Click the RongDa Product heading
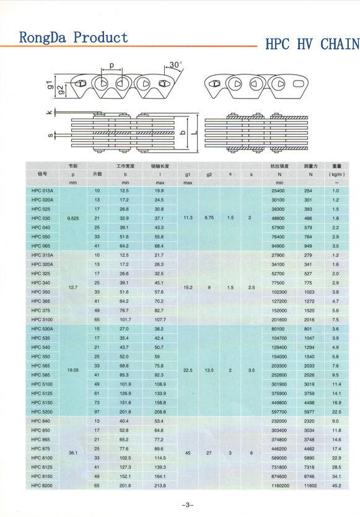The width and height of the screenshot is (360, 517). [x=73, y=38]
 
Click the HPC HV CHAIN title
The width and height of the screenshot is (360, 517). [x=312, y=44]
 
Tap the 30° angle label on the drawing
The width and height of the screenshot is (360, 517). [x=175, y=64]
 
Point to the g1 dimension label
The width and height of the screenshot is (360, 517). [x=50, y=85]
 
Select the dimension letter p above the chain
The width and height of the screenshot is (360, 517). [x=112, y=65]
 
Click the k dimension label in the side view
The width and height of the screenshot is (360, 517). [x=50, y=112]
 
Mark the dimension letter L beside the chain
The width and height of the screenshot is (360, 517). [x=194, y=132]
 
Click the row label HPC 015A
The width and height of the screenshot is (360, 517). [x=42, y=190]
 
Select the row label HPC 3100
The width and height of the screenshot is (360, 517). [x=42, y=319]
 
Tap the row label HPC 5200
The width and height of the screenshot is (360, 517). [x=42, y=412]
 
